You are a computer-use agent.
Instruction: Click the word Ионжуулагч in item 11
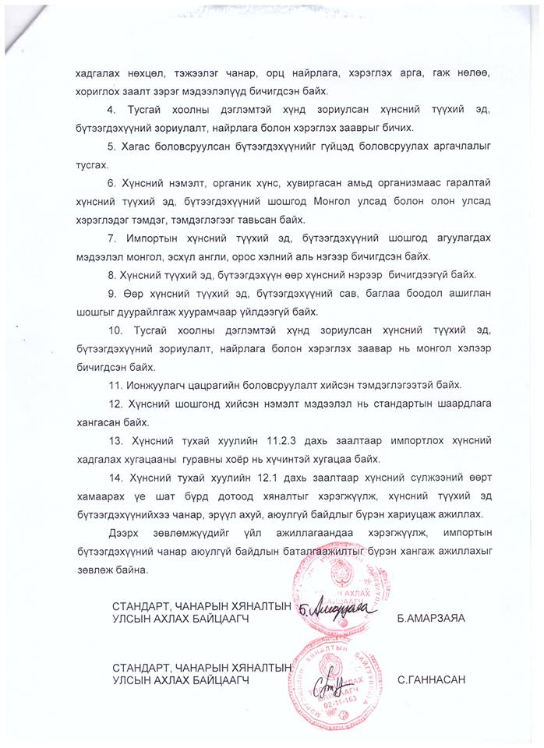coord(155,385)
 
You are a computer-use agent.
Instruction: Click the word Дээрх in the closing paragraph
coord(126,532)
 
